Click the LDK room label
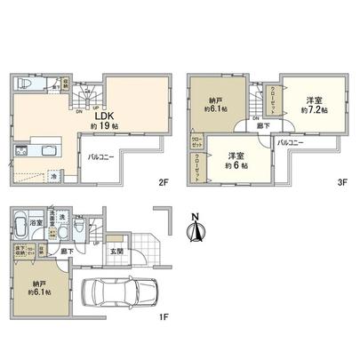coord(103,115)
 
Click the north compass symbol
coord(197,229)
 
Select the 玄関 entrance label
coord(116,249)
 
